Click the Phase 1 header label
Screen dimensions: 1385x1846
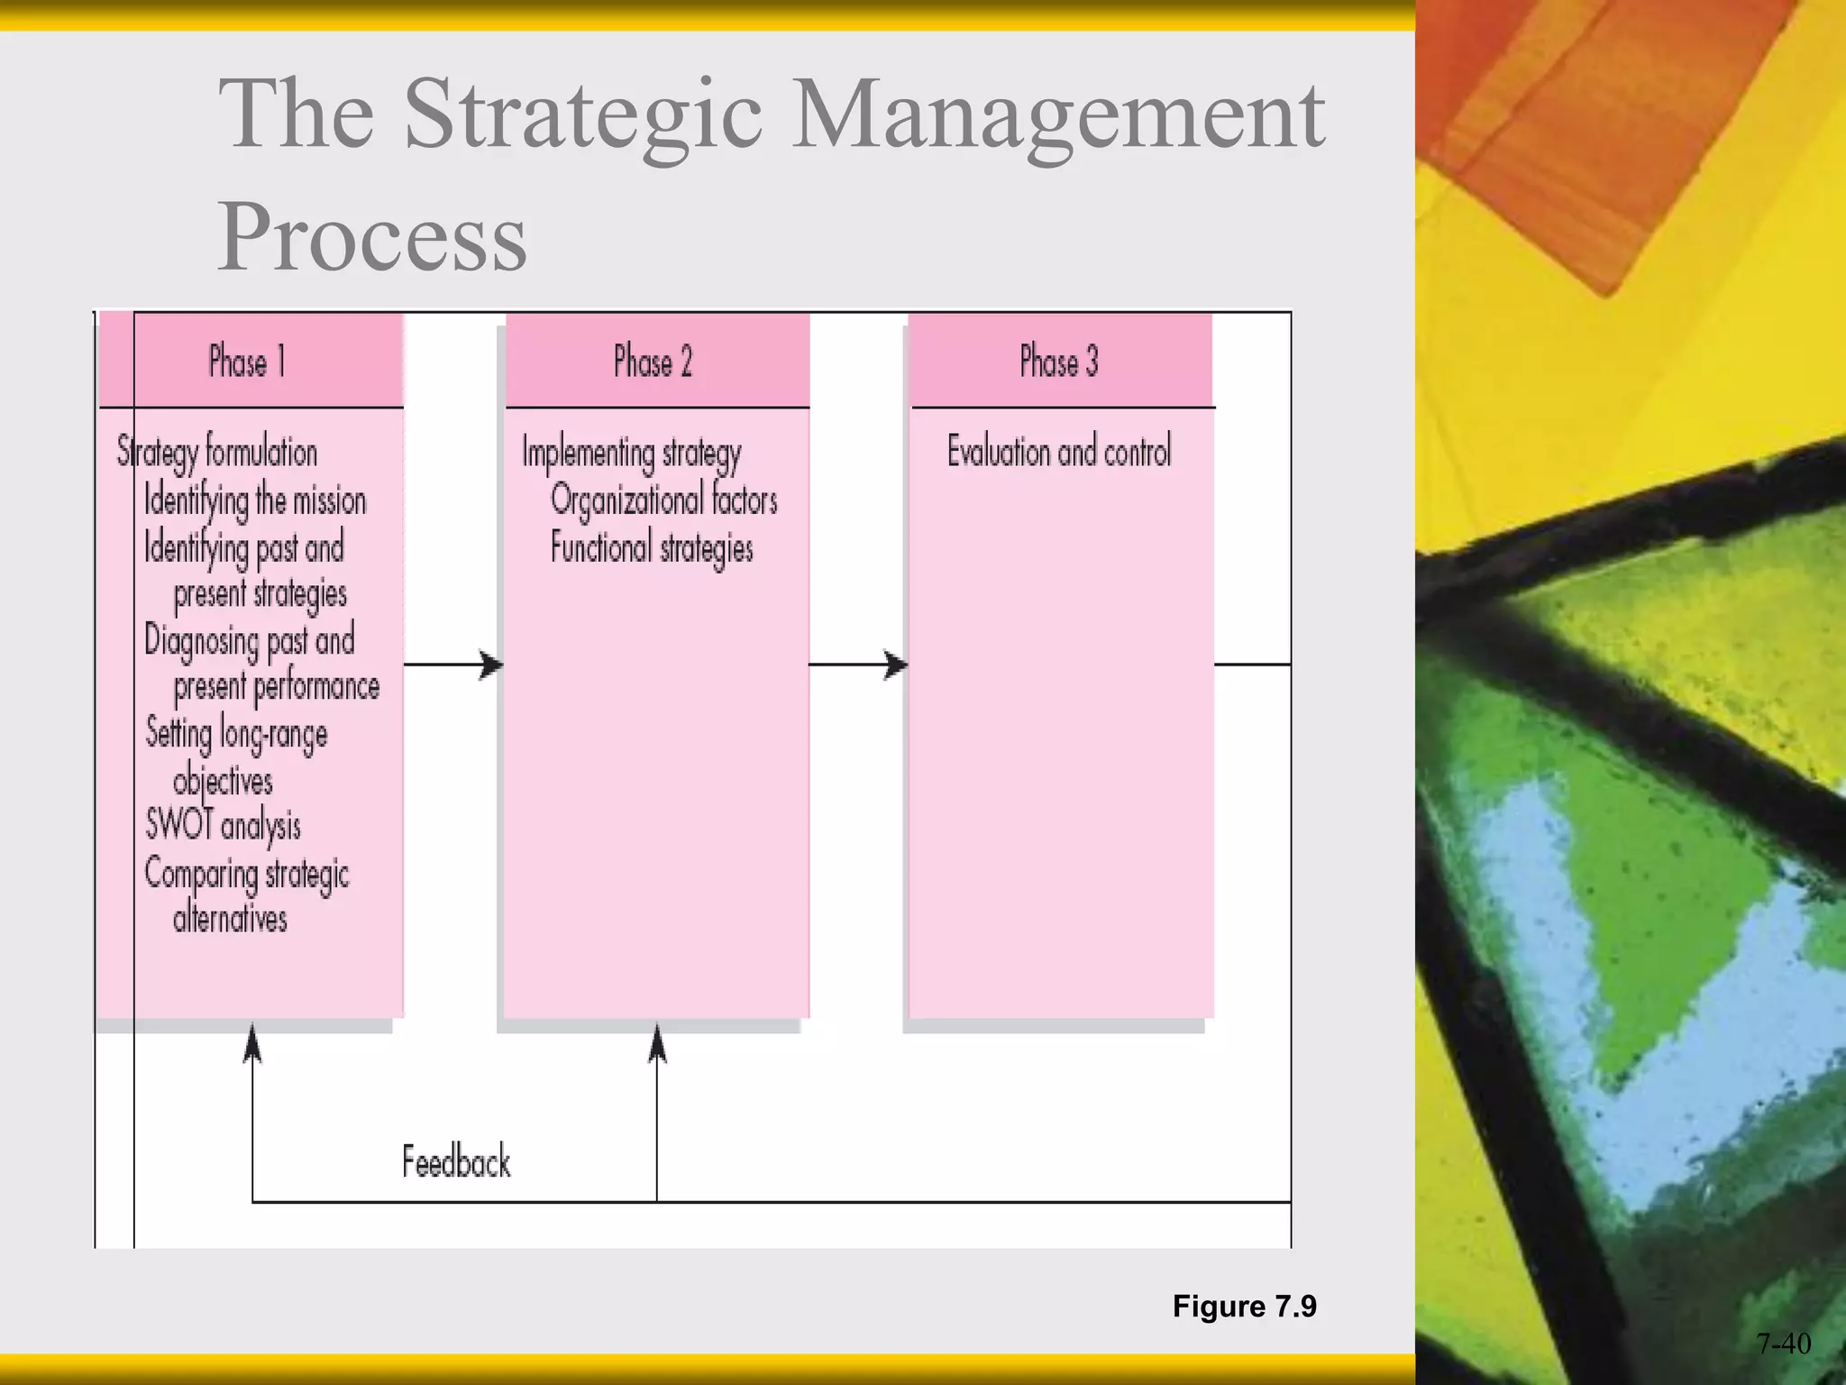click(x=247, y=362)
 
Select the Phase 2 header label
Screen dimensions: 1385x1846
click(x=653, y=362)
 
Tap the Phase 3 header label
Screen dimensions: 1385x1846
click(x=1058, y=362)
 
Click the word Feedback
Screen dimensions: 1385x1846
click(x=456, y=1161)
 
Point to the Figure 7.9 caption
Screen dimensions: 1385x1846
click(x=1244, y=1306)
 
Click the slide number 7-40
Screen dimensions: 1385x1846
click(x=1783, y=1344)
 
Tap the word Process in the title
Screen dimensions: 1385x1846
click(x=372, y=236)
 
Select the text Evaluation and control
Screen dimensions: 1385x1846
click(x=1059, y=451)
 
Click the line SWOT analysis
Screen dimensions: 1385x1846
click(x=224, y=825)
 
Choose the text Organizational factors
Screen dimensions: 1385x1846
click(x=663, y=500)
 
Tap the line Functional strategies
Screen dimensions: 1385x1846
click(x=652, y=548)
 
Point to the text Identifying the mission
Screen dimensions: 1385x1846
click(x=255, y=500)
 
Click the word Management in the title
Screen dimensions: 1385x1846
click(x=1058, y=115)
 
